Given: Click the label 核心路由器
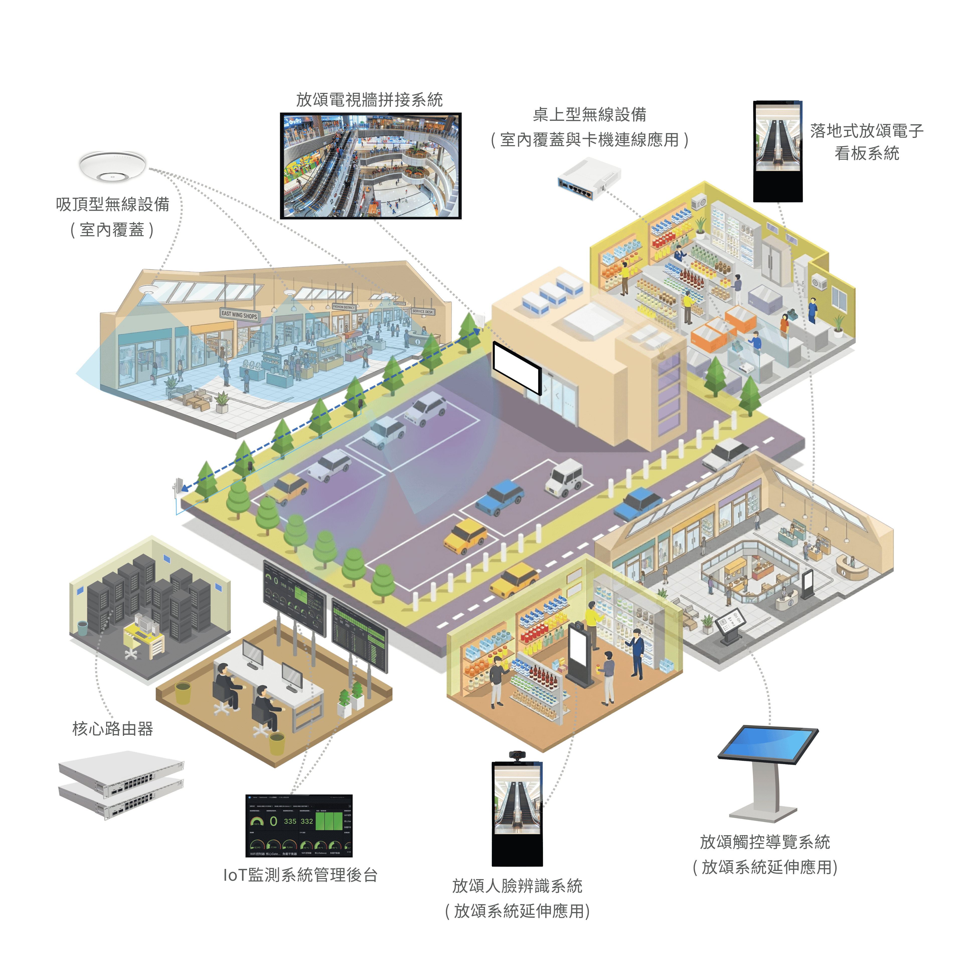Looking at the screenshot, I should pyautogui.click(x=113, y=729).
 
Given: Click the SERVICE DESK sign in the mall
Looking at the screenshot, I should pyautogui.click(x=422, y=311).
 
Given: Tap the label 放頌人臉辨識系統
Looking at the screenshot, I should pyautogui.click(x=517, y=886).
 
